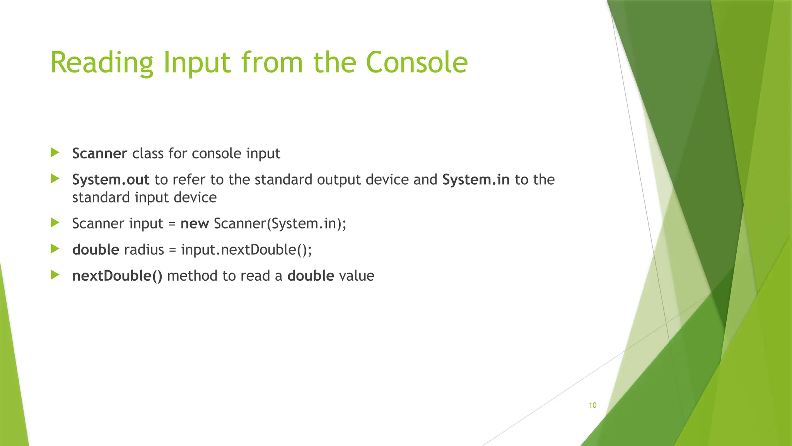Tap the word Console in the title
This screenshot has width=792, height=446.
(416, 63)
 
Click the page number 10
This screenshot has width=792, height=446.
(592, 405)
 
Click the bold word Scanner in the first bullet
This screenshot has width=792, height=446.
(99, 154)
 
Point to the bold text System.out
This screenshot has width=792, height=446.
(111, 180)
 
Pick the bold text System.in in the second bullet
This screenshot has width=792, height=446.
(476, 180)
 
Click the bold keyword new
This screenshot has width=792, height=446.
(195, 224)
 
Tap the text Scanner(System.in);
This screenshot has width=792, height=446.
(280, 224)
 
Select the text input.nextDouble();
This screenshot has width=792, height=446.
(246, 250)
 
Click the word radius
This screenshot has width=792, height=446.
(144, 250)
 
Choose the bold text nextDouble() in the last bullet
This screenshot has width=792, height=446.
(117, 276)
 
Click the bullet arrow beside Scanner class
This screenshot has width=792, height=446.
(55, 152)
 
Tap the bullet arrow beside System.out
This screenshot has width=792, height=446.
(55, 178)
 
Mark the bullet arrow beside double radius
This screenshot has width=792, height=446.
(55, 249)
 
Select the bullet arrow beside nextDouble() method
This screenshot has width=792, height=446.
(55, 275)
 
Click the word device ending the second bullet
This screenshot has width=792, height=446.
(195, 198)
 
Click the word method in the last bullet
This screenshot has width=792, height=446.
(192, 276)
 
